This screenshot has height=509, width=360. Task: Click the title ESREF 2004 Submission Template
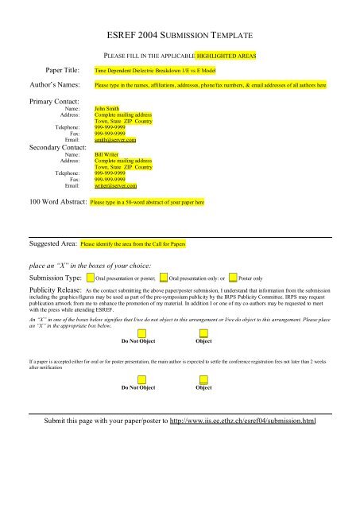[x=180, y=37]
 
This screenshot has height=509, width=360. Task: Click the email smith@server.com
[x=115, y=140]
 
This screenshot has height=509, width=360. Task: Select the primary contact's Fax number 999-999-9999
[x=110, y=134]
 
